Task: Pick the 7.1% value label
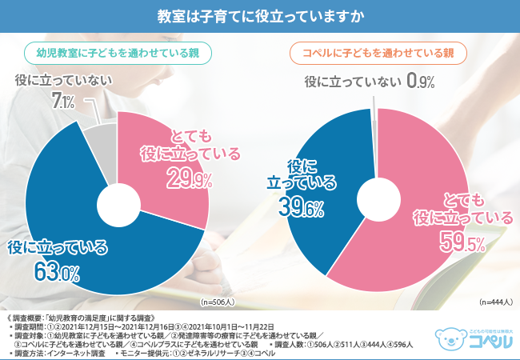63,101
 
